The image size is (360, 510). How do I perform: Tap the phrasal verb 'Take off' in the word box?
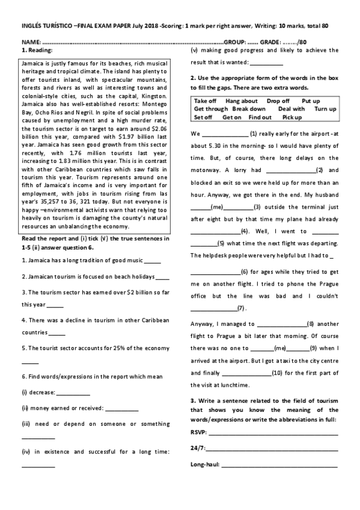(206, 100)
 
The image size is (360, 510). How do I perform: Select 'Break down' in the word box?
(249, 109)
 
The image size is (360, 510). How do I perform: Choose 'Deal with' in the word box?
(292, 109)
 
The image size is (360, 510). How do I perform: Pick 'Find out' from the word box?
(260, 117)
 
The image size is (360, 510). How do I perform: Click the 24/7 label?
(197, 448)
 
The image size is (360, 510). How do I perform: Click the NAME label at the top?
(31, 43)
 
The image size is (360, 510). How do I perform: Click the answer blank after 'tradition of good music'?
(153, 260)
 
